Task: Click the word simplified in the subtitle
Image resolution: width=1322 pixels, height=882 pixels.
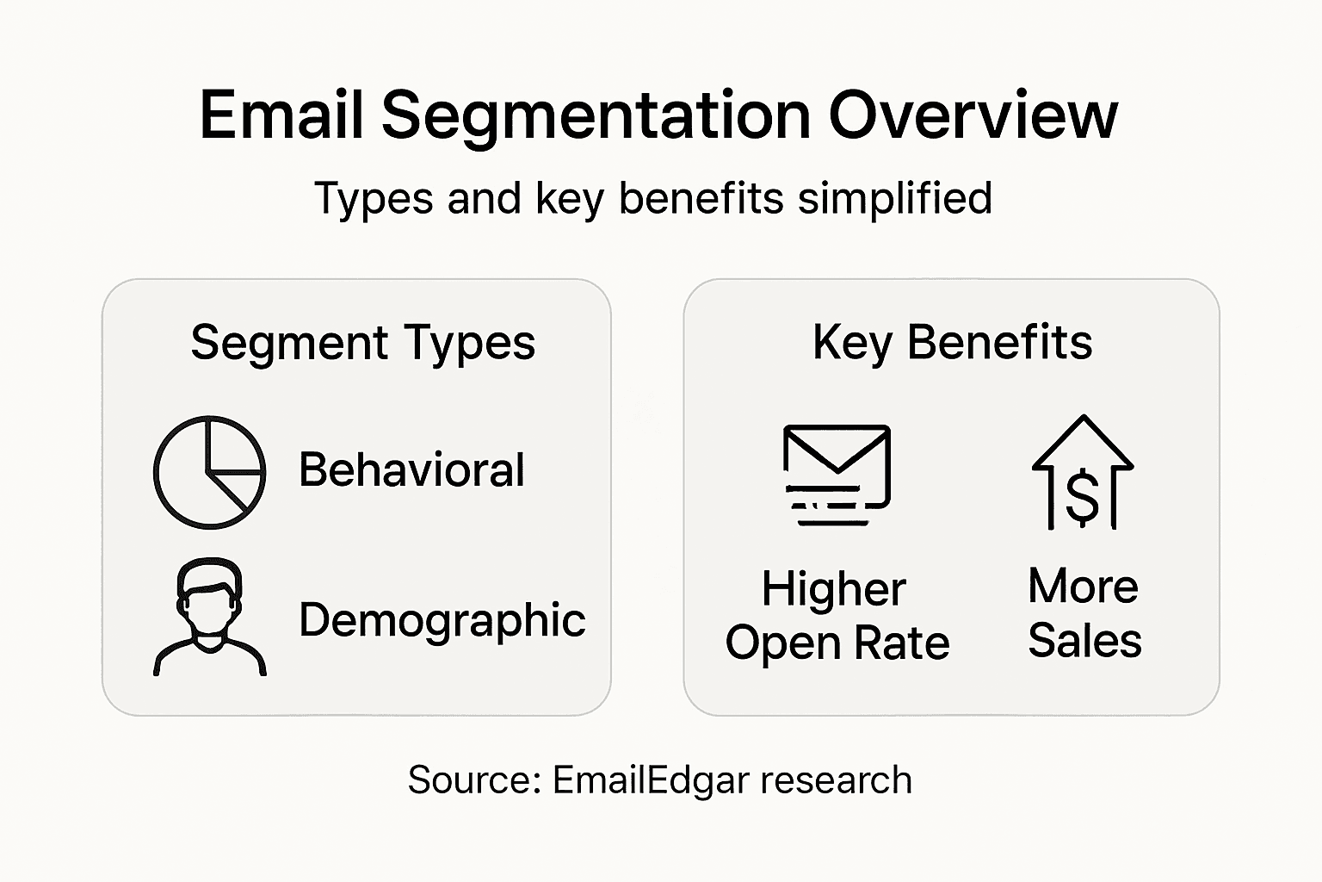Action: pyautogui.click(x=895, y=198)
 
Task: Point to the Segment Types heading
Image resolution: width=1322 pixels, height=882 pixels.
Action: pyautogui.click(x=362, y=342)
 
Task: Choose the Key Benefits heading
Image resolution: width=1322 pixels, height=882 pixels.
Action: pyautogui.click(x=952, y=342)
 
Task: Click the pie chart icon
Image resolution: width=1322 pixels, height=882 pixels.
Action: pyautogui.click(x=209, y=472)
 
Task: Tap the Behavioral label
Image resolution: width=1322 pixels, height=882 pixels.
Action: pyautogui.click(x=411, y=470)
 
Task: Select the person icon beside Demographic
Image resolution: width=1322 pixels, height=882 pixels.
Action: pyautogui.click(x=209, y=617)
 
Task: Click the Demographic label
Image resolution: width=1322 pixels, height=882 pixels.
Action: pyautogui.click(x=442, y=620)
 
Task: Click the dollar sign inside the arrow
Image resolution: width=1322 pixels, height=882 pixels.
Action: pyautogui.click(x=1082, y=498)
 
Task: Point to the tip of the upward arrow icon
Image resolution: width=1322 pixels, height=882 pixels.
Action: pyautogui.click(x=1083, y=419)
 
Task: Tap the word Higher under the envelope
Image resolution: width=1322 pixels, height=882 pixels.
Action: pyautogui.click(x=833, y=590)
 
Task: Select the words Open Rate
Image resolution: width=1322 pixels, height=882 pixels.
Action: pyautogui.click(x=837, y=643)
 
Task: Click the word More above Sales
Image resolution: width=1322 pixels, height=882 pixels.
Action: pyautogui.click(x=1083, y=587)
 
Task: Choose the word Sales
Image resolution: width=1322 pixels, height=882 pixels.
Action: pyautogui.click(x=1084, y=641)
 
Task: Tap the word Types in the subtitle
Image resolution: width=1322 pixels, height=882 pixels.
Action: pyautogui.click(x=374, y=199)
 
